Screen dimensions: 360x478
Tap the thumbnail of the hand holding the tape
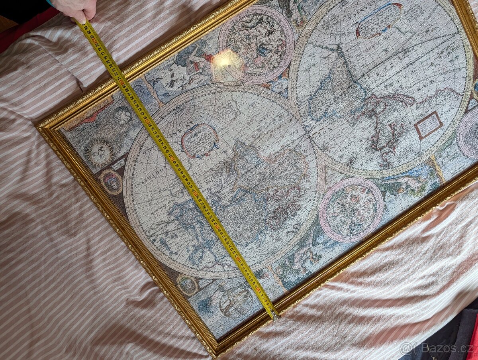[81, 19]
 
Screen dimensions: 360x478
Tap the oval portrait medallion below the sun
[111, 181]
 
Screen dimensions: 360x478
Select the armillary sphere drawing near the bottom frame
[236, 302]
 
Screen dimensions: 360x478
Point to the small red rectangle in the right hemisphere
[428, 125]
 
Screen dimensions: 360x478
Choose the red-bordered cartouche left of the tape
[199, 140]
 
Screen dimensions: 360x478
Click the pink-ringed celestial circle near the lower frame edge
[351, 210]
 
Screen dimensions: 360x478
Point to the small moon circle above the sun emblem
[122, 116]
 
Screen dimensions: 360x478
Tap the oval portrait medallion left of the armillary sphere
[187, 285]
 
